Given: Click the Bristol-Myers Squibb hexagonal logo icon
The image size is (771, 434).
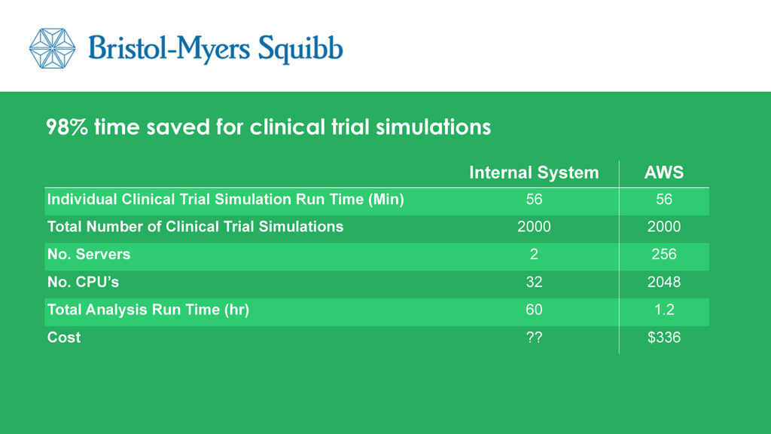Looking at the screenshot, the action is pos(52,48).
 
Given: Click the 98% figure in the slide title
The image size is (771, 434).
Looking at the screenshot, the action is pos(67,127).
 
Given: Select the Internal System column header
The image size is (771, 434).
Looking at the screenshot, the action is pos(534,173).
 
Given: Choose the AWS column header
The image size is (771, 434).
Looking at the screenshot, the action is pos(664,173).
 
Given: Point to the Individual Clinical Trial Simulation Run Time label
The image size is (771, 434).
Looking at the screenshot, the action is pos(226,199).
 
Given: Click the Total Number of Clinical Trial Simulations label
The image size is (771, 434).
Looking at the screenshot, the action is pos(195,226).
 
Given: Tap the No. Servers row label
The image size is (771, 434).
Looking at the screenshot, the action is pos(89,254).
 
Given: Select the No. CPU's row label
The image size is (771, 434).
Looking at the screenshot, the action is pos(83,282).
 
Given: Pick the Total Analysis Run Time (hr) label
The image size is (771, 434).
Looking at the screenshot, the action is pos(148,310).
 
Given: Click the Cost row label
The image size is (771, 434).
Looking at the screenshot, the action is pos(64,337).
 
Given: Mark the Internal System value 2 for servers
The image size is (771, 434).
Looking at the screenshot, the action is pos(534,255).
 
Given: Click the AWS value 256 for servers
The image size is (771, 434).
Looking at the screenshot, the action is pos(664,255).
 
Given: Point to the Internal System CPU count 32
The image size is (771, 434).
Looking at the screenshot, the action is pos(534,282).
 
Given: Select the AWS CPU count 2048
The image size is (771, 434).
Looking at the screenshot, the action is pos(664,282).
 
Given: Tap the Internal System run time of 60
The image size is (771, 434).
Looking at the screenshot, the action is pos(534,310).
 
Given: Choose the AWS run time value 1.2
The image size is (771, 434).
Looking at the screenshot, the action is pos(664,310).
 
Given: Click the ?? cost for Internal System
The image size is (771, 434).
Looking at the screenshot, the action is pos(534,337).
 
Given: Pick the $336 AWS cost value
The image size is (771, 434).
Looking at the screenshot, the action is pos(664,337).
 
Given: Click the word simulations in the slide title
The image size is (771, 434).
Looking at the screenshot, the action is pos(433,127).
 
